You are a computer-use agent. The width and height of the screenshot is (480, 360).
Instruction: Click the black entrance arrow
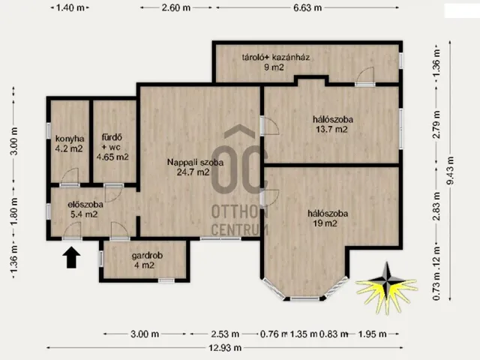[71, 257]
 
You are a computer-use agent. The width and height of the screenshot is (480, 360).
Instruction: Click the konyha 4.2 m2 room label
[70, 143]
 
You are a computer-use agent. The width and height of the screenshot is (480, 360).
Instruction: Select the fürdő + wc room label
[112, 147]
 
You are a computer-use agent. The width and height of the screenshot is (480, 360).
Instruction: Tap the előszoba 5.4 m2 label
[85, 209]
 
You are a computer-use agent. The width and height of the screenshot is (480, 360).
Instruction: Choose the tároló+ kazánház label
[275, 61]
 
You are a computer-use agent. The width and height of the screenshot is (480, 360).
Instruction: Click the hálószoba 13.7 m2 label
[332, 124]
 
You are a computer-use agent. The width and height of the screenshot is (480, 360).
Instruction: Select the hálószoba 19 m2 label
[328, 218]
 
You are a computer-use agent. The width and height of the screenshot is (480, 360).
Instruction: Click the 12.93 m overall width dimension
[225, 348]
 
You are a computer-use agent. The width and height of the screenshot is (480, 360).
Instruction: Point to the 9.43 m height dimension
[450, 170]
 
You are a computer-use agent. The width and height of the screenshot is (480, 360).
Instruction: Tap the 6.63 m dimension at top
[307, 7]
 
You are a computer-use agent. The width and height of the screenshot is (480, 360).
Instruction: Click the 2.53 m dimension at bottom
[225, 334]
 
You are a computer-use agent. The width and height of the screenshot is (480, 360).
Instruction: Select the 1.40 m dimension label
[70, 7]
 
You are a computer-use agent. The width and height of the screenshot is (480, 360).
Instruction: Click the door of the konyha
[70, 178]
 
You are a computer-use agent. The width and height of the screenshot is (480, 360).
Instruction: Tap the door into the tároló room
[365, 76]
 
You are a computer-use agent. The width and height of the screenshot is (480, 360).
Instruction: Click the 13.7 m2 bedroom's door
[269, 125]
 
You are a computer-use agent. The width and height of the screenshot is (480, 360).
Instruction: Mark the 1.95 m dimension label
[372, 334]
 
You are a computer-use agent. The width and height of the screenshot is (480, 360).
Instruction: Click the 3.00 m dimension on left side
[14, 141]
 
